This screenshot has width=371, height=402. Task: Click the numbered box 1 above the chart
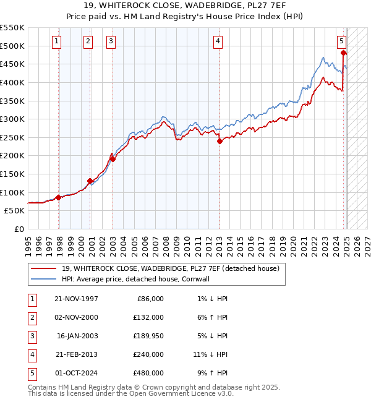click(x=56, y=41)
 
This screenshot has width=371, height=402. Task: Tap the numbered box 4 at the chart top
click(x=218, y=41)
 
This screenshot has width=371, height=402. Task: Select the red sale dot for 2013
click(x=220, y=141)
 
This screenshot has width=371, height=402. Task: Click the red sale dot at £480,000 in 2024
click(x=344, y=53)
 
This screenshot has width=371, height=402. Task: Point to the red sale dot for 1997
click(x=58, y=197)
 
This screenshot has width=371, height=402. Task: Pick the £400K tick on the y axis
click(x=12, y=82)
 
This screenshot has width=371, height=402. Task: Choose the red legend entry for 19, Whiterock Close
click(x=171, y=268)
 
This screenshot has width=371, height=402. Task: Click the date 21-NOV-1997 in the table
click(x=76, y=299)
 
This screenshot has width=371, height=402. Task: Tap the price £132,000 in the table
click(x=148, y=317)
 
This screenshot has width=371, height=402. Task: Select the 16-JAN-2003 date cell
click(x=77, y=336)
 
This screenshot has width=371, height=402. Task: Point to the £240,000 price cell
click(x=148, y=354)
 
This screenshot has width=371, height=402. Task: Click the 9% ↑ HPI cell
click(x=212, y=373)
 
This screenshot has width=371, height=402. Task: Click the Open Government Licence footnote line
click(x=130, y=393)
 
